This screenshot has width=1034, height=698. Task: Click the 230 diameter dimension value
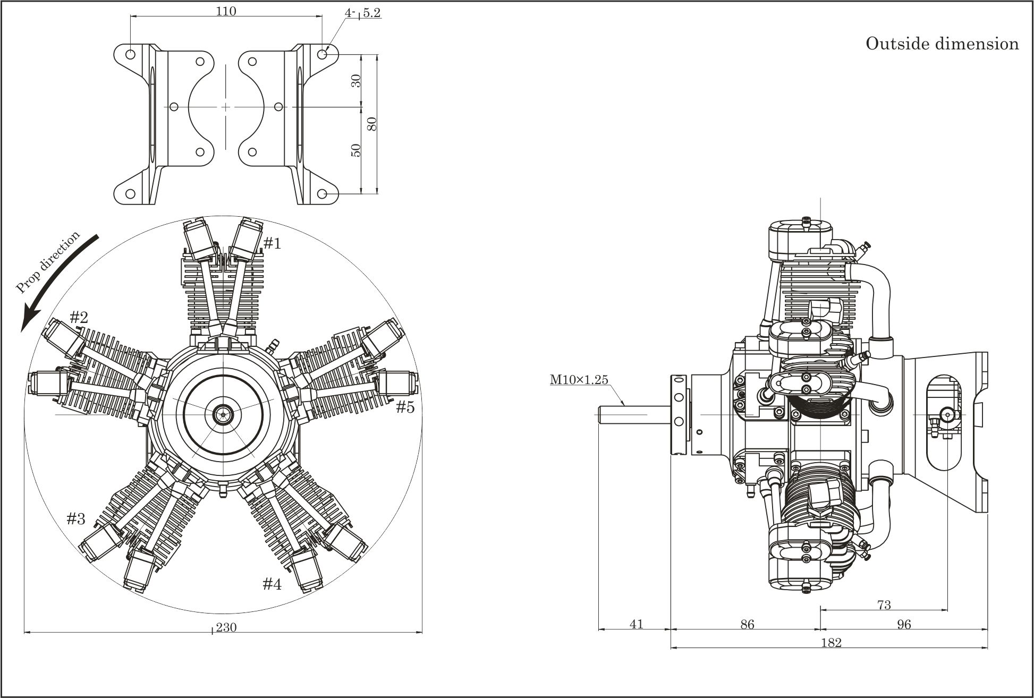(226, 627)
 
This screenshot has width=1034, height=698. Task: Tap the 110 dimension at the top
(226, 11)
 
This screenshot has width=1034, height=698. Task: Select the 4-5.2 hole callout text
(363, 13)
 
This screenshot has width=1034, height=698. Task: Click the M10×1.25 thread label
(579, 379)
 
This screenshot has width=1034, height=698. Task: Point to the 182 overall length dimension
(831, 643)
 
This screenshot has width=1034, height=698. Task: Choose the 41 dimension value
(636, 624)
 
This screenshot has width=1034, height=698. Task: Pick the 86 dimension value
(747, 624)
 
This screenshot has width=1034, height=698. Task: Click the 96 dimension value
(904, 624)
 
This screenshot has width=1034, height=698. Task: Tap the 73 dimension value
(884, 605)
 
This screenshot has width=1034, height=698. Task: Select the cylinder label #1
(272, 243)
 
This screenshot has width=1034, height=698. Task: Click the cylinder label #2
(79, 318)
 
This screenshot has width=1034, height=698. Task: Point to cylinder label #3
(76, 518)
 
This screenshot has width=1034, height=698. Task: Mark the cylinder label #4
(272, 584)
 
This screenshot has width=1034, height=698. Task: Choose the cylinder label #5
(405, 407)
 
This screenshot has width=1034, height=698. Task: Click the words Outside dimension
(942, 44)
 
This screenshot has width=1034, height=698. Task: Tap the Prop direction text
(48, 262)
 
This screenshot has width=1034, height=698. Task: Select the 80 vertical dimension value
(372, 123)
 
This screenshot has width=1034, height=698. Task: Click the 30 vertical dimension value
(357, 80)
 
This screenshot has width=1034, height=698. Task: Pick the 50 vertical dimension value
(357, 150)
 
